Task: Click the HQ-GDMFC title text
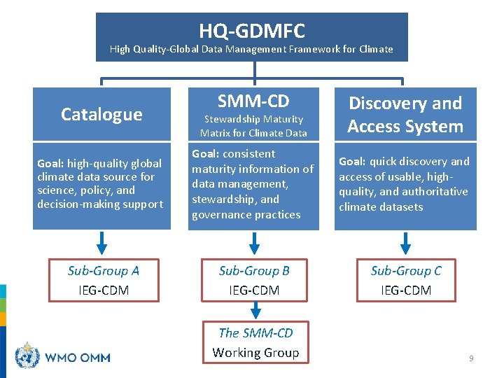click(x=251, y=31)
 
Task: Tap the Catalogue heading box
click(x=101, y=114)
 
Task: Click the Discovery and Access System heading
click(x=405, y=115)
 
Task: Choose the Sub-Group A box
click(x=103, y=280)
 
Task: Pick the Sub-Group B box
click(x=254, y=280)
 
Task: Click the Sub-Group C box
click(x=406, y=280)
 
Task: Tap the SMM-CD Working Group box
click(x=255, y=343)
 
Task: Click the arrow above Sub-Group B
click(x=255, y=242)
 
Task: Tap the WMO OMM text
click(x=78, y=358)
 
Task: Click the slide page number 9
click(x=471, y=358)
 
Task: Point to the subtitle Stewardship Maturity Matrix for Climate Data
click(x=253, y=126)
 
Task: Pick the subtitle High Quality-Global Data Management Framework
click(x=251, y=50)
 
